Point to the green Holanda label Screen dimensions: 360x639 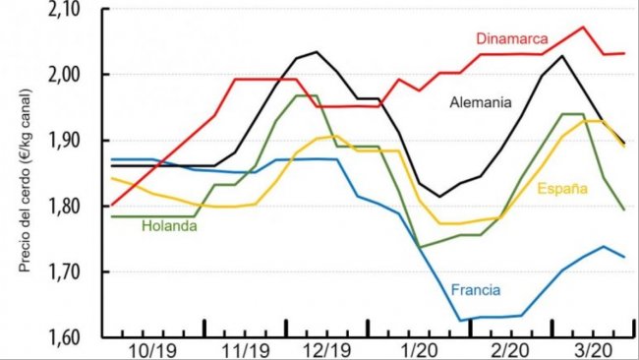170,225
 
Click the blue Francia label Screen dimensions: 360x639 476,289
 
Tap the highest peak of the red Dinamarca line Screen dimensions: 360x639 583,27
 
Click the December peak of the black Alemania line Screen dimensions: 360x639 316,51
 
